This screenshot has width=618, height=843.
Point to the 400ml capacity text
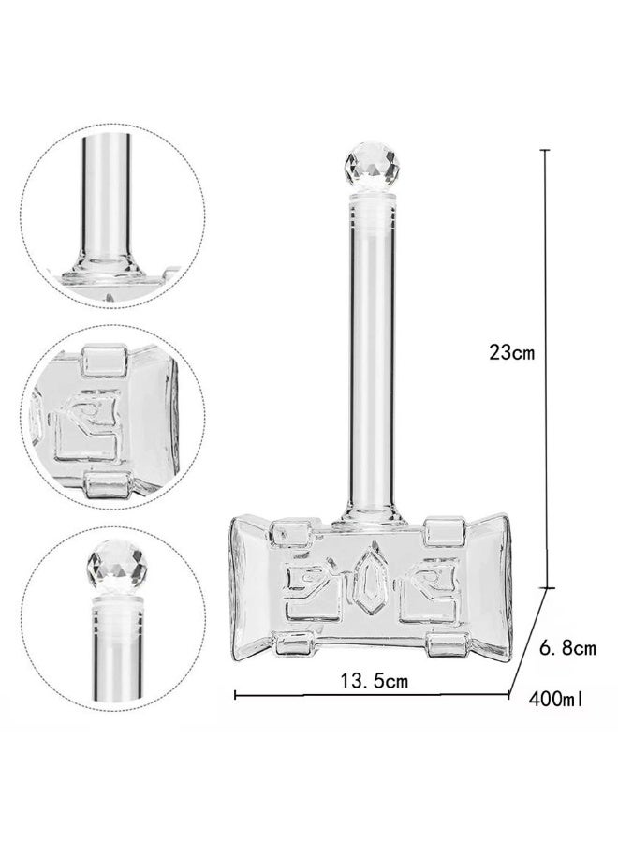[x=555, y=699]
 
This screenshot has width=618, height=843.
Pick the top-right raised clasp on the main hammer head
[x=440, y=530]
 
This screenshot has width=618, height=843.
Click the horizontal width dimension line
[x=371, y=695]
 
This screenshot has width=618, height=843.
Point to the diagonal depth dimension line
[x=527, y=643]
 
